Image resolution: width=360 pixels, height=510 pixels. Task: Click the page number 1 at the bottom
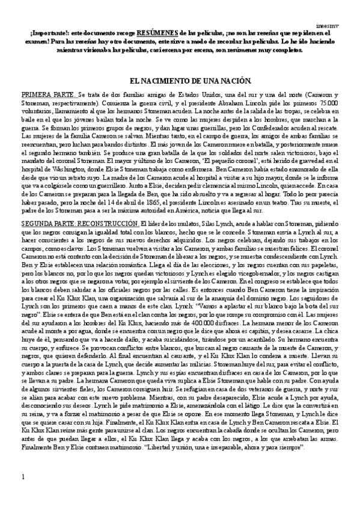click(x=23, y=494)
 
